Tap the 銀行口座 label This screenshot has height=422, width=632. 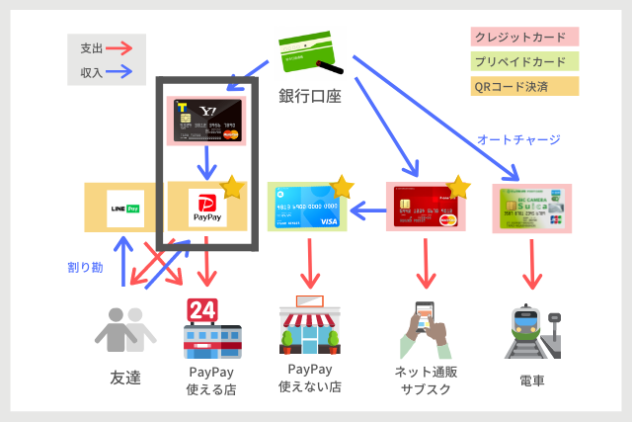[309, 96]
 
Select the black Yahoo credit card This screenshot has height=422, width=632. [206, 121]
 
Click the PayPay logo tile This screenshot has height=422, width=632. [206, 206]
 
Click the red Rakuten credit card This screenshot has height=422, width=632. [426, 208]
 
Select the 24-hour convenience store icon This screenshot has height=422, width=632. [208, 330]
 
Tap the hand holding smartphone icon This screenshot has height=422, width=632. [427, 330]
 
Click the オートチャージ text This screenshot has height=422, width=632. [518, 139]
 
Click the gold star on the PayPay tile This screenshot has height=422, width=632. [232, 187]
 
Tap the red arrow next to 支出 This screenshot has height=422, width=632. [120, 47]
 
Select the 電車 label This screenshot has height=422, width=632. [532, 380]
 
